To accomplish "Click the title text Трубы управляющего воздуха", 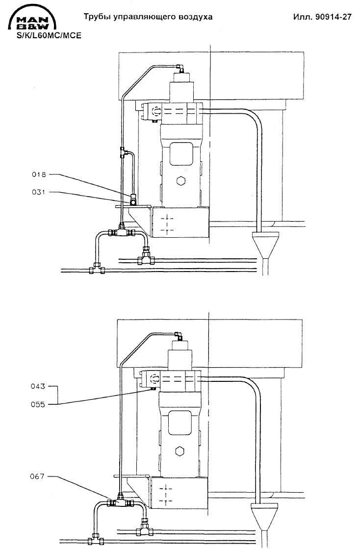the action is point(148,17).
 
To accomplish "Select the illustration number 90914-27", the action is point(333,17).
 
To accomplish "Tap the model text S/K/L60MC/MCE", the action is point(49,36).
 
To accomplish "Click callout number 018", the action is point(39,174).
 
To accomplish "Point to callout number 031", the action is point(39,192).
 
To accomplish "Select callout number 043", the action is point(38,386).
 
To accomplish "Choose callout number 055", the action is point(38,404).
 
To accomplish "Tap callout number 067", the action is point(37,476).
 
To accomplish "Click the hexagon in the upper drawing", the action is point(181,181).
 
